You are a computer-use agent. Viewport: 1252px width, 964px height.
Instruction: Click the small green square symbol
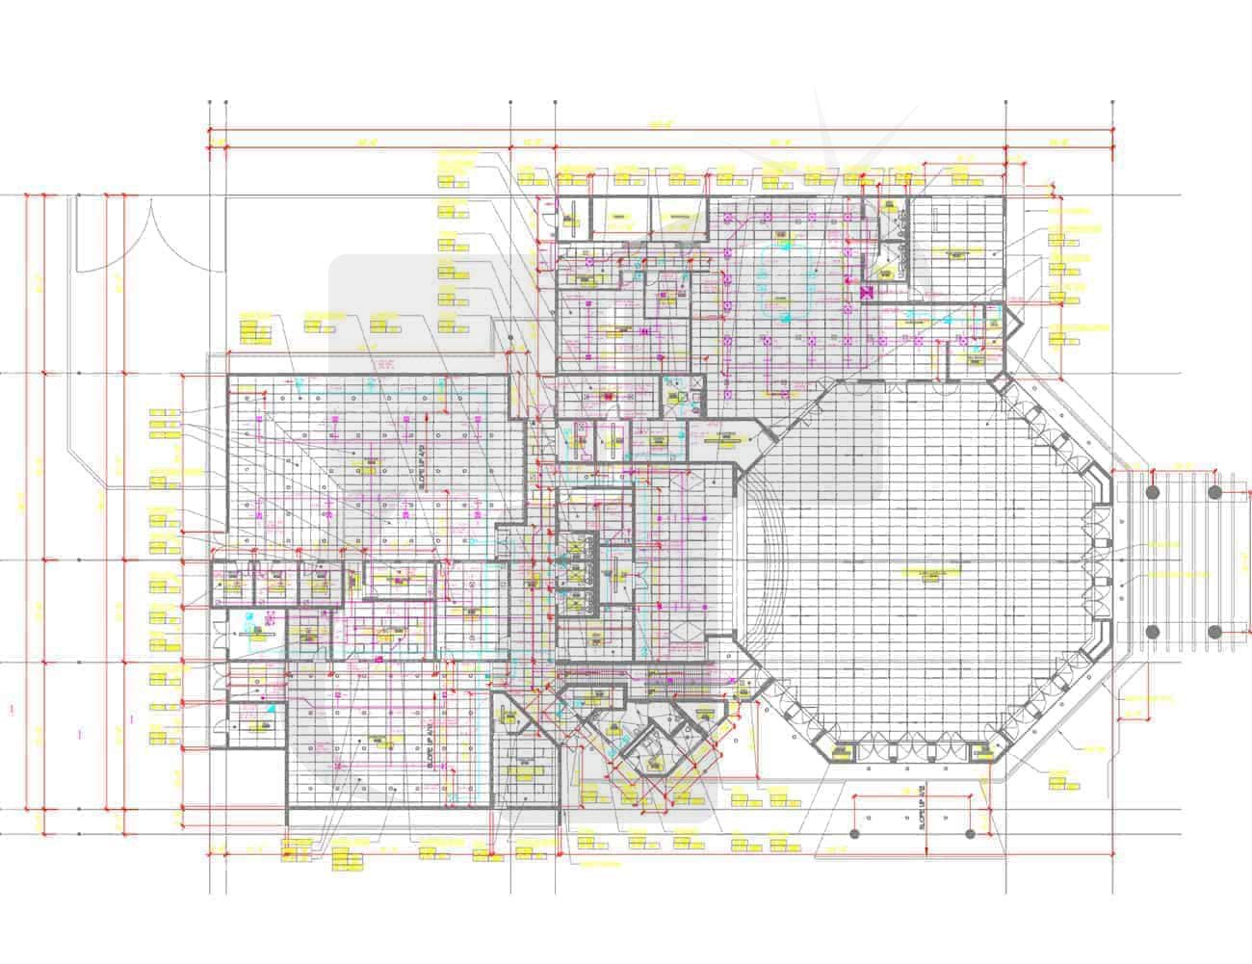681,396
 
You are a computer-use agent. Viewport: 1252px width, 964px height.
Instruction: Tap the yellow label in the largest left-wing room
366,466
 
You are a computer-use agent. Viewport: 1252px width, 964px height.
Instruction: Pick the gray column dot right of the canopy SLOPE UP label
970,833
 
